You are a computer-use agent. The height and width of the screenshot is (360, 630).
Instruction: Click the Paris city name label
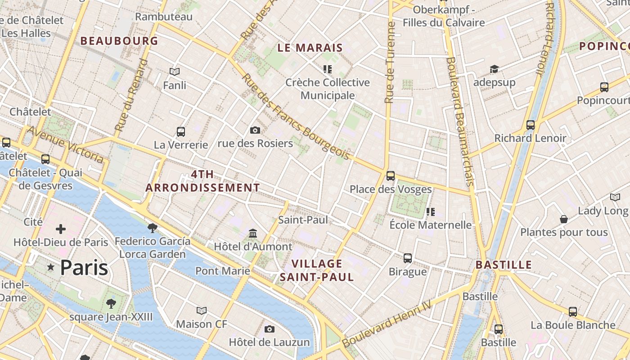[84, 268]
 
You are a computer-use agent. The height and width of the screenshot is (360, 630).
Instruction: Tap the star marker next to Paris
[51, 268]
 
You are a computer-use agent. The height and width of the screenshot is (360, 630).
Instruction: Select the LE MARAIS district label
[310, 48]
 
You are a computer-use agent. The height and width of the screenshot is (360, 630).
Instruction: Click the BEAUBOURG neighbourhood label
[119, 41]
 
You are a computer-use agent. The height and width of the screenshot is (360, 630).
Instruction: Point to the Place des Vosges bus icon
[391, 176]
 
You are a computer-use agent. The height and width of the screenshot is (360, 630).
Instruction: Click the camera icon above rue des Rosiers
[255, 130]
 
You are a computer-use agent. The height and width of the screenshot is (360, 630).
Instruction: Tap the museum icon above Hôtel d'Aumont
[253, 234]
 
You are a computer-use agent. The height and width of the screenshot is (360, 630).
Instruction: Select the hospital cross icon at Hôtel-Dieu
[61, 229]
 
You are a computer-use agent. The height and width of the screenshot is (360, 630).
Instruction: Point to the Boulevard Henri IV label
[387, 324]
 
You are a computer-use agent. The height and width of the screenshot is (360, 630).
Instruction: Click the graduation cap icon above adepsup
[494, 69]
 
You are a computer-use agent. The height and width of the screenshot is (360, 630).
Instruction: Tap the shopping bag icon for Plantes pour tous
[564, 219]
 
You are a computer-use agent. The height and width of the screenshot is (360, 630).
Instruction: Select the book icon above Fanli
[175, 72]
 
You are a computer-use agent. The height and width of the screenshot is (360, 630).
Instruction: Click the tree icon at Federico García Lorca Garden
[153, 228]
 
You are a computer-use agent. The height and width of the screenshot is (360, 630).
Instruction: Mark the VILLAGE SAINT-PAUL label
[317, 270]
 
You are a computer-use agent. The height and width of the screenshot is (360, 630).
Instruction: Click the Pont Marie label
[222, 271]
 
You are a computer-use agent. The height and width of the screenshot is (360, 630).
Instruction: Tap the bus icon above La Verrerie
[181, 132]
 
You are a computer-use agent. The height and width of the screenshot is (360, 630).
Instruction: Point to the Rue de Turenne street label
[390, 63]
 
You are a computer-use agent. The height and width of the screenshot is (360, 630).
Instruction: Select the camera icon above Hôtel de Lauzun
[270, 329]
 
